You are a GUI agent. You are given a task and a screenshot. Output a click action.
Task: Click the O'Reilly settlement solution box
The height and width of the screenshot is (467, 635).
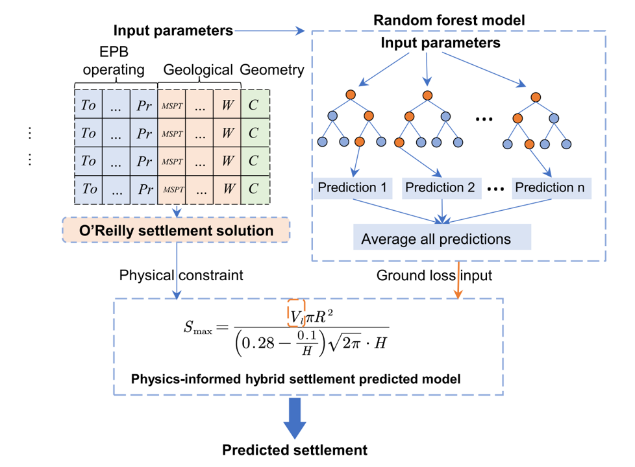[x=175, y=230]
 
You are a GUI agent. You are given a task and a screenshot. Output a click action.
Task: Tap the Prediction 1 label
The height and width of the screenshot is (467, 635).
[x=352, y=188]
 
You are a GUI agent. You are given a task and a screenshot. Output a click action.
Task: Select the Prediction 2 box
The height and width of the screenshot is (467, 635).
[x=440, y=188]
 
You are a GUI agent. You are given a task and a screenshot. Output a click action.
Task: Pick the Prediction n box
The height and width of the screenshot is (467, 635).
[x=549, y=188]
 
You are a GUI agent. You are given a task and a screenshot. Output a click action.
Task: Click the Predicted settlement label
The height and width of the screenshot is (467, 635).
[x=295, y=449]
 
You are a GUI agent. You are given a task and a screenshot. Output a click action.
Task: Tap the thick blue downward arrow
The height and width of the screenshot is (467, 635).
[x=295, y=418]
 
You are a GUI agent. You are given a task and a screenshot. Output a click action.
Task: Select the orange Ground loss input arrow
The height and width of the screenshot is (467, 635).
[x=459, y=280]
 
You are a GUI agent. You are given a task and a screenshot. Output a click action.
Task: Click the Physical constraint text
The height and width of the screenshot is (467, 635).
[x=181, y=275]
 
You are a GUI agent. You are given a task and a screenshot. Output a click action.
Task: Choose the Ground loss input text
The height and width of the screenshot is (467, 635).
[x=434, y=275]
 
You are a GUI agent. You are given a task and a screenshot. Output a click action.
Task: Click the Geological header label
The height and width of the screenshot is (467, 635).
[x=198, y=70]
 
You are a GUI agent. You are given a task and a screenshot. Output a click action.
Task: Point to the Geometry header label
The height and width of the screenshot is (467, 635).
[x=272, y=70]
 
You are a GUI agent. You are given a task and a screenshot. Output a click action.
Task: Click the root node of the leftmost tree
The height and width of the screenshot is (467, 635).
[x=351, y=95]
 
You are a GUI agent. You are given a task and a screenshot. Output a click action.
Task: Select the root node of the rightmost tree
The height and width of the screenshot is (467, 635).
[x=536, y=97]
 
